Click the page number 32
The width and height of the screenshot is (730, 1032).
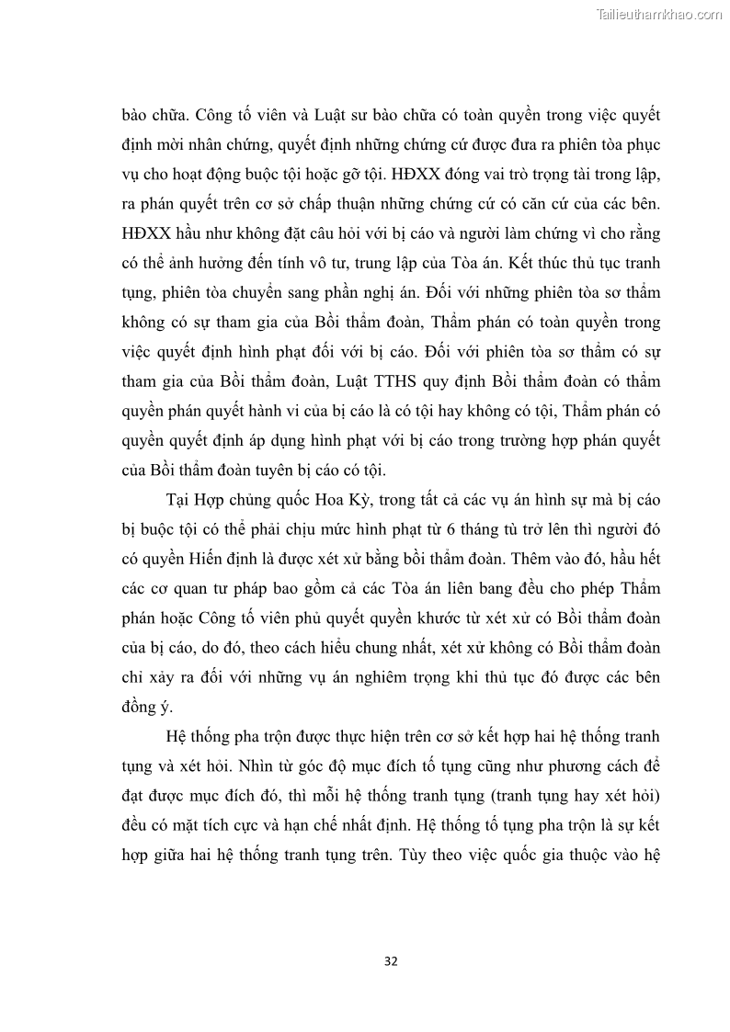click(390, 961)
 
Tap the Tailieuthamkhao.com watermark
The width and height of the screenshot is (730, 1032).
click(660, 14)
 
